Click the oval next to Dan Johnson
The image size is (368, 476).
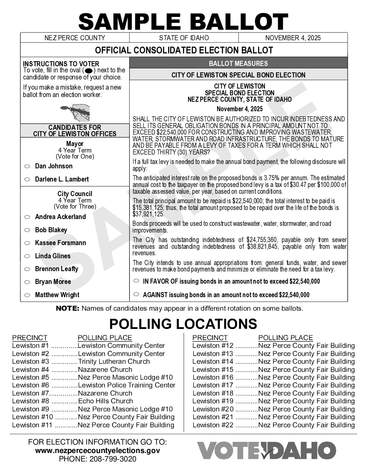pyautogui.click(x=27, y=167)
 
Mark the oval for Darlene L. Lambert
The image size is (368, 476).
pyautogui.click(x=27, y=180)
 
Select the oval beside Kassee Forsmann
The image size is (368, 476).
pyautogui.click(x=27, y=243)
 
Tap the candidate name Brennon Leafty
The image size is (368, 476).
pyautogui.click(x=56, y=269)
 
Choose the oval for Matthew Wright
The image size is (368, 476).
pyautogui.click(x=27, y=295)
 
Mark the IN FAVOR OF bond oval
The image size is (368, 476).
pyautogui.click(x=136, y=281)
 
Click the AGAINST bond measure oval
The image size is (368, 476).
pyautogui.click(x=136, y=294)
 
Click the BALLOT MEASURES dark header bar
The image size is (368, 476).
pyautogui.click(x=238, y=63)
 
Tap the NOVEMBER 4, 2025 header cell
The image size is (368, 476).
pyautogui.click(x=293, y=38)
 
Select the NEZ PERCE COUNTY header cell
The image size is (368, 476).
pyautogui.click(x=75, y=38)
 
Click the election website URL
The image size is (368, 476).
pyautogui.click(x=97, y=451)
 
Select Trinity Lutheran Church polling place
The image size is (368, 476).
pyautogui.click(x=114, y=361)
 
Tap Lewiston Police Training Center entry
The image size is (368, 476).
pyautogui.click(x=127, y=385)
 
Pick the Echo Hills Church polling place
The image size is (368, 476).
pyautogui.click(x=105, y=401)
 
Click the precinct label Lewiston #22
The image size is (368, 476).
pyautogui.click(x=213, y=425)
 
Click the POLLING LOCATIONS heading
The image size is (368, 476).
pyautogui.click(x=183, y=324)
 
